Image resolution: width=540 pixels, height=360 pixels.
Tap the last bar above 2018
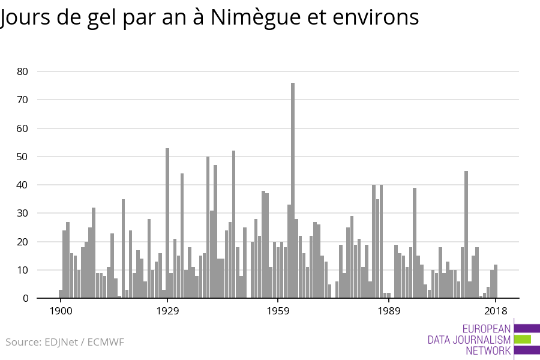tap(496, 281)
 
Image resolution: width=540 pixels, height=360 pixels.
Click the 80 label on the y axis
tap(23, 71)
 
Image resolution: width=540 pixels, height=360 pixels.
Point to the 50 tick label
tap(23, 157)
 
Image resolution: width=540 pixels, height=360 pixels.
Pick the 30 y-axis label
tap(23, 214)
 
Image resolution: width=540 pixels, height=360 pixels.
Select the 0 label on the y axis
tap(26, 298)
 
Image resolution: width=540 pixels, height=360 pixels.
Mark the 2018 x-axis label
tap(496, 311)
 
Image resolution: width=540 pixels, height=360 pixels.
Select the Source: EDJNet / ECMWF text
tap(65, 342)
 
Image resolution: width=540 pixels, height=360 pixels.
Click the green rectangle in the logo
tap(523, 339)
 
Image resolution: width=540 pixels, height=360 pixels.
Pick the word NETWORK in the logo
tap(488, 350)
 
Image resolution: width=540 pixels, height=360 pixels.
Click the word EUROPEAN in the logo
tap(487, 329)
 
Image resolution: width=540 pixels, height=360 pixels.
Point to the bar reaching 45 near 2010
tap(466, 235)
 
